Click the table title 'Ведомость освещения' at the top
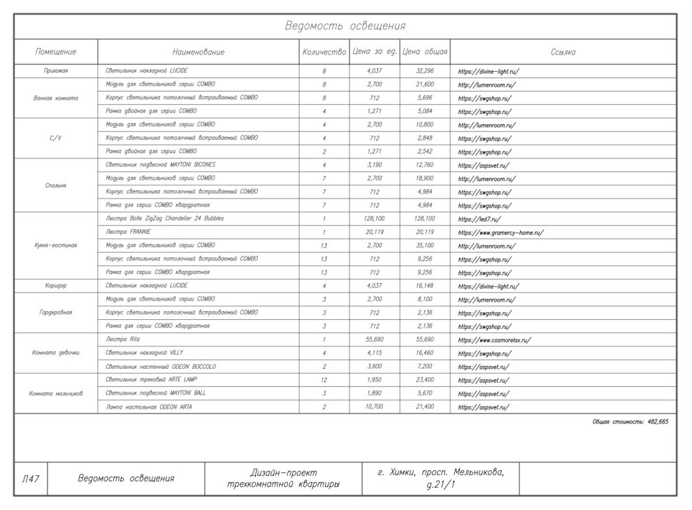coord(345,27)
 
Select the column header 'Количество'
coord(324,52)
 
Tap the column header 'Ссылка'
coord(563,52)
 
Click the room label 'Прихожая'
coord(56,71)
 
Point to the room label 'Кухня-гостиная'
coord(56,246)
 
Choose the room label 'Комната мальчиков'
coord(56,393)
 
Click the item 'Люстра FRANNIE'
coord(128,232)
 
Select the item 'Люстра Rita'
coord(123,340)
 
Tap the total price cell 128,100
coord(425,219)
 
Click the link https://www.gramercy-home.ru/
coord(500,233)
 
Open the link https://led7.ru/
coord(480,219)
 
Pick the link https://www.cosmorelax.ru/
coord(494,340)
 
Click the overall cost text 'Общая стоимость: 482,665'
coord(630,422)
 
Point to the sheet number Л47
coord(30,479)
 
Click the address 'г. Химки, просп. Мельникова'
coord(440,472)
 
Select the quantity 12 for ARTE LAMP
coord(324,380)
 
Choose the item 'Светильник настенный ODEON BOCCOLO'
coord(161,367)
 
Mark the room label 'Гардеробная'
coord(56,313)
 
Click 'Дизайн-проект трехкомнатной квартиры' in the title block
coord(283,479)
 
